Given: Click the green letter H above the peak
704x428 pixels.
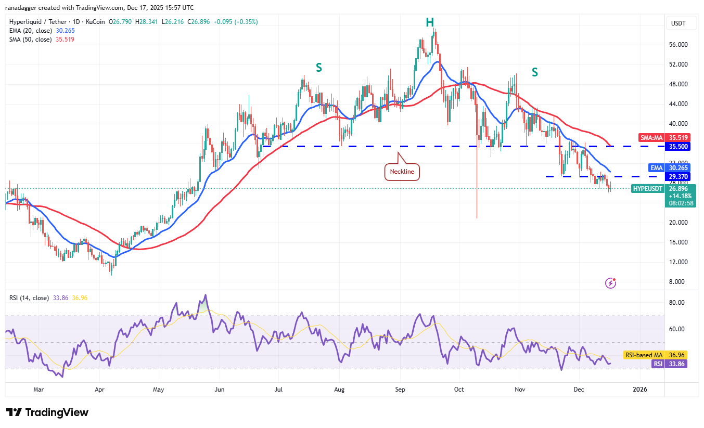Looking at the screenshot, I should pyautogui.click(x=429, y=22).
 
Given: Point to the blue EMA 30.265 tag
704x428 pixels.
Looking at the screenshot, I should pyautogui.click(x=669, y=168).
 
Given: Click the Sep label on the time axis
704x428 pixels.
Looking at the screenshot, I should pyautogui.click(x=400, y=389).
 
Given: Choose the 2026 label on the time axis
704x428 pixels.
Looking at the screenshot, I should pyautogui.click(x=640, y=389).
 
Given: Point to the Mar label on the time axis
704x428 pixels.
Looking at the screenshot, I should pyautogui.click(x=38, y=389).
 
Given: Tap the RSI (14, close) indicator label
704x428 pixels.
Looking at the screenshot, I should pyautogui.click(x=29, y=298).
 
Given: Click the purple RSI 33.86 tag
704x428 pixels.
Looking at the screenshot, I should pyautogui.click(x=669, y=364).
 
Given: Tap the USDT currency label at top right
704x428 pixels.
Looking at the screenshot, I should pyautogui.click(x=679, y=23).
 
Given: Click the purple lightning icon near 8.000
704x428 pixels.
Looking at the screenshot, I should pyautogui.click(x=611, y=283).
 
